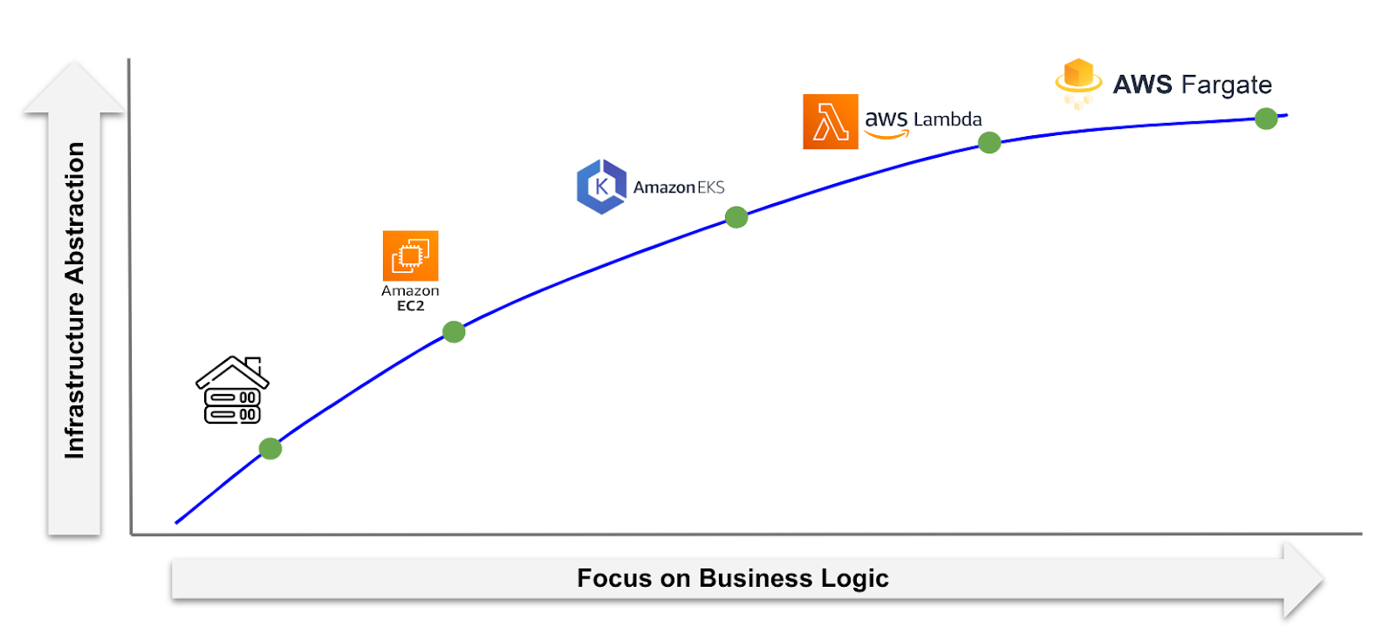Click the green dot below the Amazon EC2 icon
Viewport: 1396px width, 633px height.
454,331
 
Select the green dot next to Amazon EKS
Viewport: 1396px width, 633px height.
736,217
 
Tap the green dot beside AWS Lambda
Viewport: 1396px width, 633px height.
989,143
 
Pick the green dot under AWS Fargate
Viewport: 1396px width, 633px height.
1266,119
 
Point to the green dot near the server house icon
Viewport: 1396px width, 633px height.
270,449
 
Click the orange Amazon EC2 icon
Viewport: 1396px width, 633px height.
410,255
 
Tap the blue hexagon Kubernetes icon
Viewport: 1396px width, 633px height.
601,187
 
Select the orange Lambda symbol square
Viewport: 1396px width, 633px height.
830,122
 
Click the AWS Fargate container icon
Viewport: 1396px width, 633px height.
1078,82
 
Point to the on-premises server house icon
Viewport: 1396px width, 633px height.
232,391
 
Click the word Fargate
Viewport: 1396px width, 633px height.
1226,85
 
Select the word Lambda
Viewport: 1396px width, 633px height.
948,119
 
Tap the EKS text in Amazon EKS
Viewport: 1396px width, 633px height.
710,187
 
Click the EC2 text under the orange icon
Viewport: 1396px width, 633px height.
410,306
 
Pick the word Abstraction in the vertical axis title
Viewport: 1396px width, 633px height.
75,213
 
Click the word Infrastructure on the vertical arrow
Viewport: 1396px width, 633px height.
75,375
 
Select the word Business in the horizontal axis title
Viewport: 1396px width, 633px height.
756,578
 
